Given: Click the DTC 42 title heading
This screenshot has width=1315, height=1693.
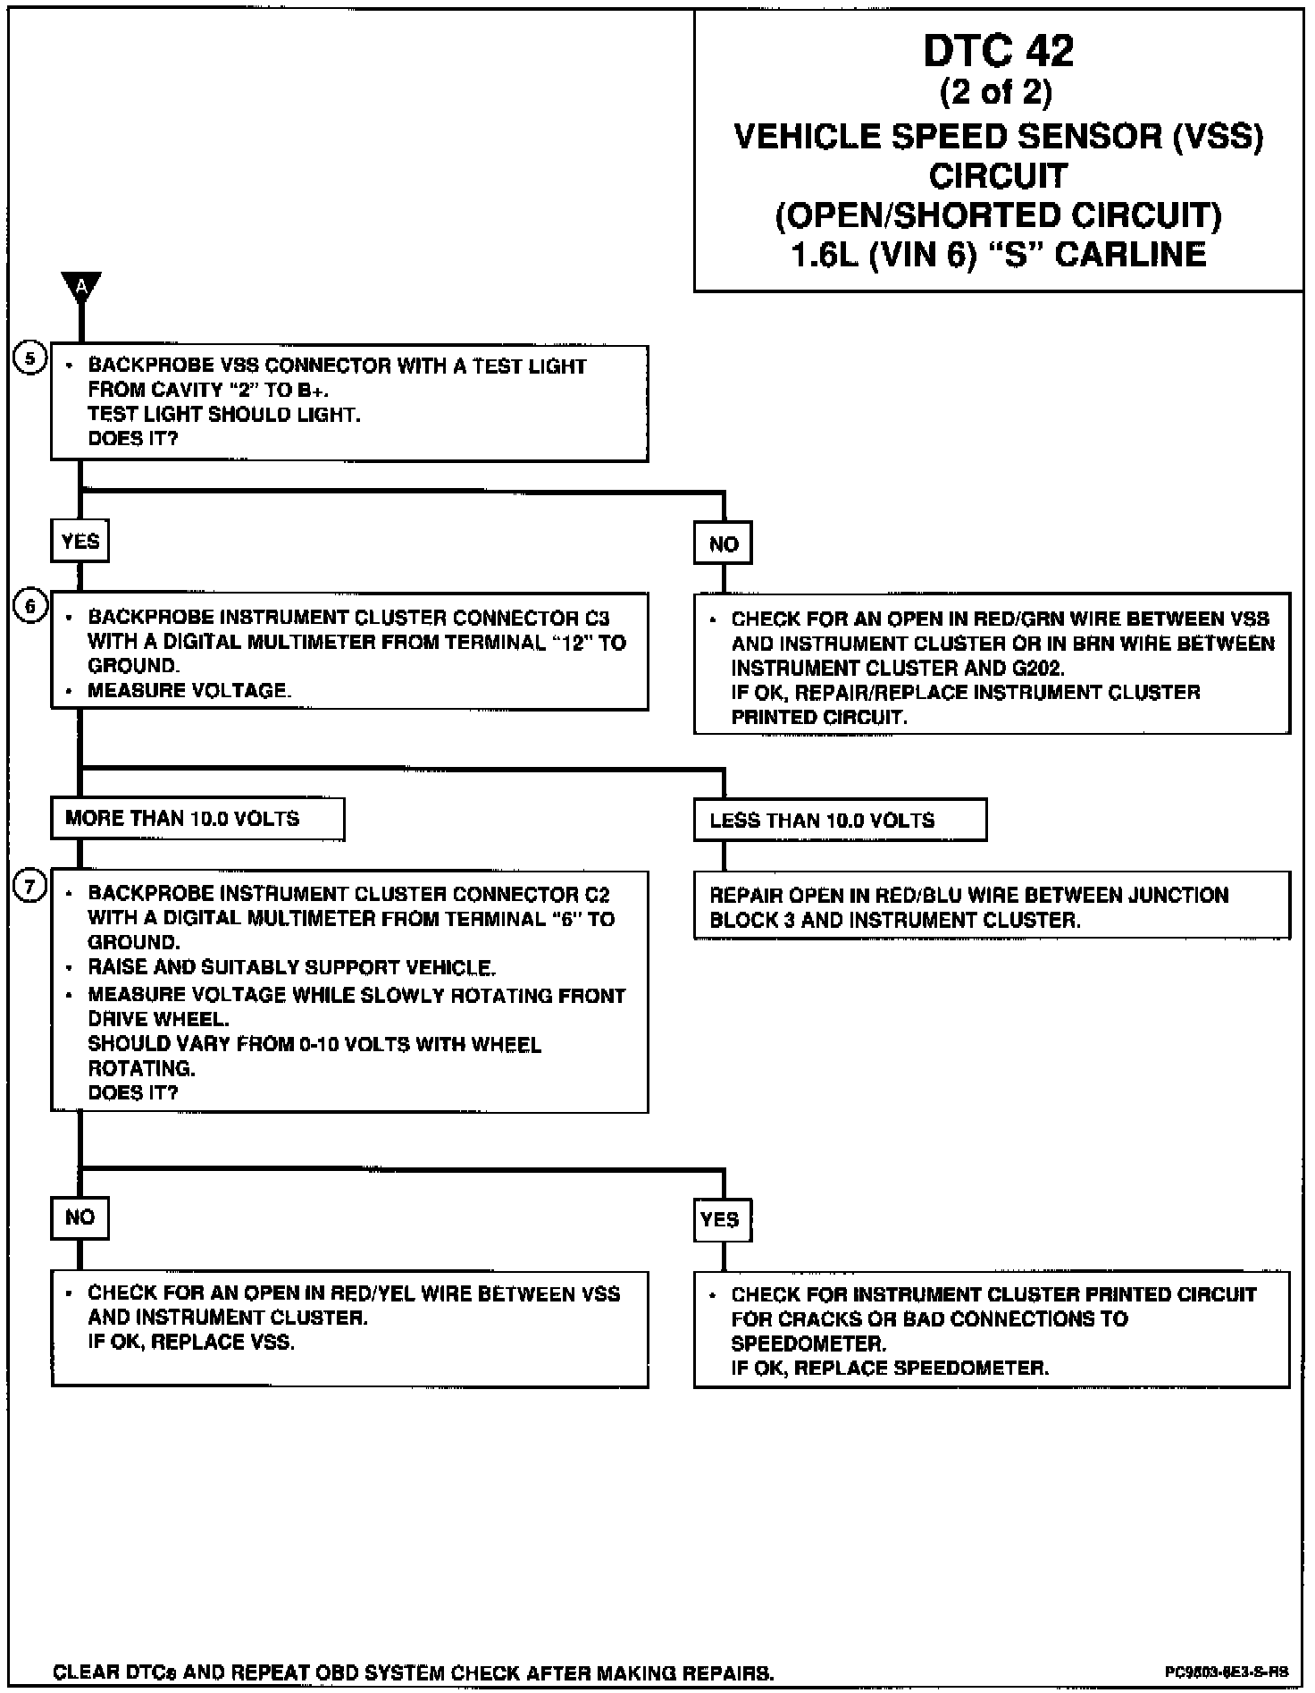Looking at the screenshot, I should (x=998, y=51).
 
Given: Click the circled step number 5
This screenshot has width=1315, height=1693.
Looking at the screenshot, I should (x=30, y=359).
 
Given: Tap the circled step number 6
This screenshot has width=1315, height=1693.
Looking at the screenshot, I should (x=30, y=607).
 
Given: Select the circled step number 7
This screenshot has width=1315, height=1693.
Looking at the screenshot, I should (x=30, y=887).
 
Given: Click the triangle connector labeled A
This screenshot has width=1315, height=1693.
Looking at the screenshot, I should (x=81, y=287).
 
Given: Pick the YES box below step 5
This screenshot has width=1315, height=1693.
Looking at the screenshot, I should (x=80, y=542).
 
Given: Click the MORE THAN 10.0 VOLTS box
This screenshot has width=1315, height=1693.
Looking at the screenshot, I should (x=197, y=819).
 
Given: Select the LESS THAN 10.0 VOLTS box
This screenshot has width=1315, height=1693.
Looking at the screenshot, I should (x=840, y=821).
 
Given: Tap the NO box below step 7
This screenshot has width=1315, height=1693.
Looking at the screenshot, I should (x=80, y=1217).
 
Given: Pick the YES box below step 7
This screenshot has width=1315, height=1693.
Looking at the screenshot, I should (x=722, y=1220).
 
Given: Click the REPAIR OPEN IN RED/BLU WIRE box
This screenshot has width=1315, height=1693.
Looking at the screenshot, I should (x=992, y=906).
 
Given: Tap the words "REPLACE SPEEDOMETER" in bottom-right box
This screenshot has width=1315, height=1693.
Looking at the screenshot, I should (x=921, y=1368).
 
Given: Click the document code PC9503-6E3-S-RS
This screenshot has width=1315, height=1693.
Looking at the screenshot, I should (x=1226, y=1671).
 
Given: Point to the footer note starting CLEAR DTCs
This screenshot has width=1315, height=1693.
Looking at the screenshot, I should (x=414, y=1672).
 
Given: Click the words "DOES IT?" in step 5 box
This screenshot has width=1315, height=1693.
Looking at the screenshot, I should (x=133, y=439).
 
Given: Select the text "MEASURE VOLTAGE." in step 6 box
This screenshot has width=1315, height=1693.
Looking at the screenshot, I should (x=189, y=691).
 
